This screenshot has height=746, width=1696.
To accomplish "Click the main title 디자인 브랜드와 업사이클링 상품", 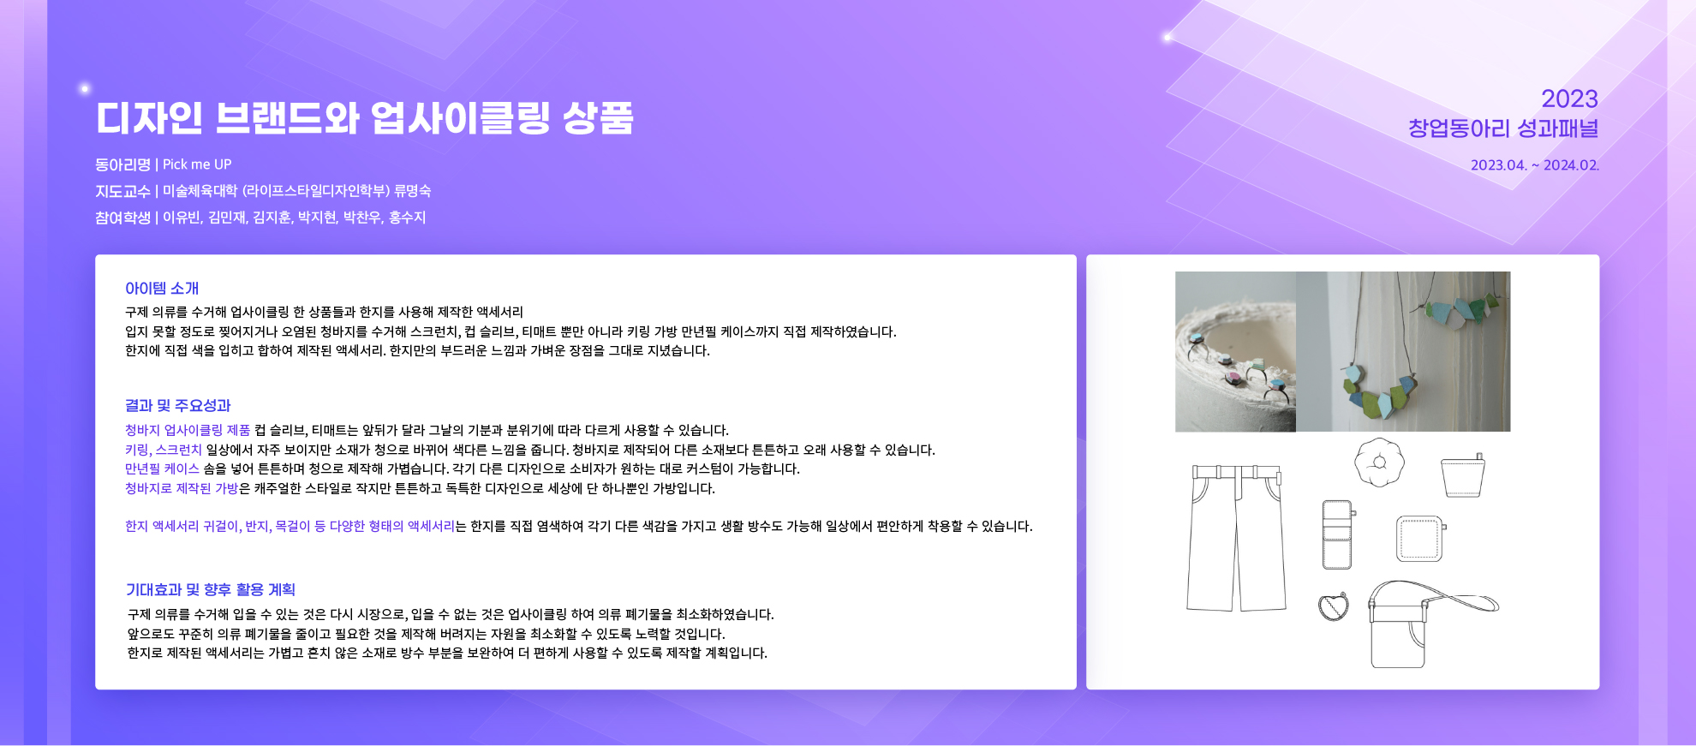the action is coord(364,118).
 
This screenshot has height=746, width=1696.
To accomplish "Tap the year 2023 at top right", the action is coord(1569,98).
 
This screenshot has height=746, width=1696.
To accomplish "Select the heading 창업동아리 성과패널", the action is coord(1503,128).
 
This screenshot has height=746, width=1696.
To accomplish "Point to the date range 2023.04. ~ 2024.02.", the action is coord(1535,165).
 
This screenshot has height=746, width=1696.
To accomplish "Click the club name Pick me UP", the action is coord(197,164).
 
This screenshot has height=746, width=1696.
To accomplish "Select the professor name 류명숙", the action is coord(413,191).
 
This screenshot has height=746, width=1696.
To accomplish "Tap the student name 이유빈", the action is coord(182,218).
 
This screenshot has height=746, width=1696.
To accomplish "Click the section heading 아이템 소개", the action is coord(162,289).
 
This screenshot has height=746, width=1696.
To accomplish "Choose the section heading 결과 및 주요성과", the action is coord(178,406).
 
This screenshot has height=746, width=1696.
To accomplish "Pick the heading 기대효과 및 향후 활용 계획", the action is coord(211,590).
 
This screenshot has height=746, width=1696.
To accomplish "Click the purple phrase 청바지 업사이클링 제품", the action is coord(188,430).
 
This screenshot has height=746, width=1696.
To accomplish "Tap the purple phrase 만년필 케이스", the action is coord(162,468).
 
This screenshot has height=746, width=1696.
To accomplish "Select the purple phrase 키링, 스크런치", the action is coord(164,450).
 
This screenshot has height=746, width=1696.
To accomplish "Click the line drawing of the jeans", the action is coord(1236,538).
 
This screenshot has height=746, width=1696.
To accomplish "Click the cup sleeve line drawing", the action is coord(1462,477).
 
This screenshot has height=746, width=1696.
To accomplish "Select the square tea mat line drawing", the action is coord(1421,539).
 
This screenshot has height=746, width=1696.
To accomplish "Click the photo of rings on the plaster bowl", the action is coord(1235,352).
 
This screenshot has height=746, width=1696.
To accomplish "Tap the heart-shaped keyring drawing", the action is coord(1334,606).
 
